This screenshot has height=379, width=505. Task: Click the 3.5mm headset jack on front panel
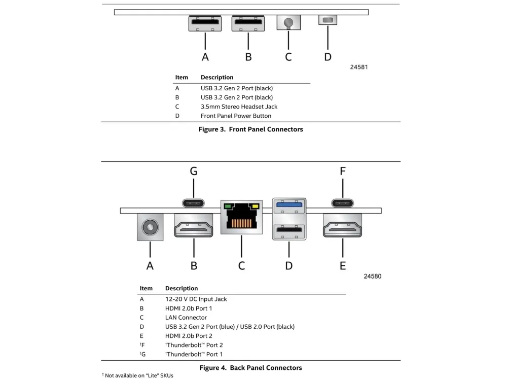[288, 23]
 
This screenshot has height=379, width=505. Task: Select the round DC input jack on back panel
[150, 226]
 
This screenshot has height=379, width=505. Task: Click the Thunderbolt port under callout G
[194, 203]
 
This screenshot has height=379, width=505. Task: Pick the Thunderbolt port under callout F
[343, 203]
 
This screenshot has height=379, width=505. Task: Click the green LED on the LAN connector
[228, 207]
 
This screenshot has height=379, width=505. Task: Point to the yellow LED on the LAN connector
[255, 207]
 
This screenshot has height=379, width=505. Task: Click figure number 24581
[359, 67]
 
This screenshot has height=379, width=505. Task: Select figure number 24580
[372, 277]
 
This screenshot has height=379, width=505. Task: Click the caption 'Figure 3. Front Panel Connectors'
[250, 129]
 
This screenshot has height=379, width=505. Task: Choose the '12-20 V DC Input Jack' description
[196, 299]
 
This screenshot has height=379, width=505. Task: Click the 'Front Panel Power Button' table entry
[236, 116]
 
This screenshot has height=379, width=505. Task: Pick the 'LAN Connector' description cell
[186, 318]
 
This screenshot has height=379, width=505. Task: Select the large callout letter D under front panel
[328, 57]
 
